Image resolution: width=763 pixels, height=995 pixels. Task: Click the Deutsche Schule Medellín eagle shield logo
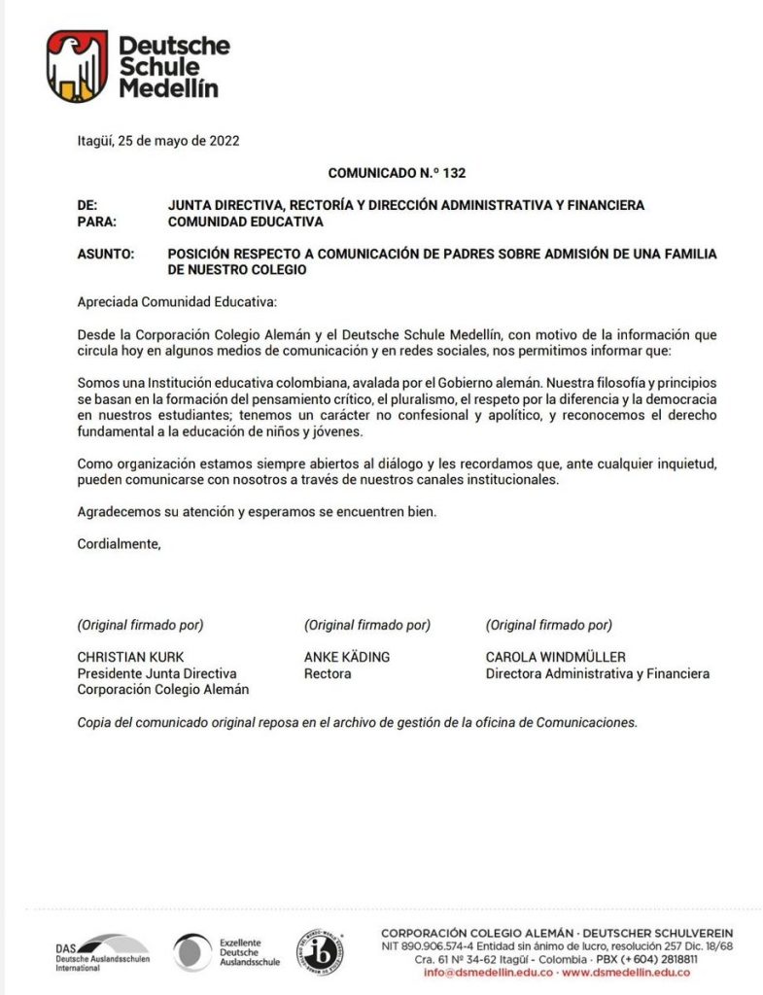(x=77, y=66)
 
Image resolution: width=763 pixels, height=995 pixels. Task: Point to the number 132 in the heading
(x=453, y=173)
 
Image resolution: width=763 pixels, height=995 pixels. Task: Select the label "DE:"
(x=87, y=205)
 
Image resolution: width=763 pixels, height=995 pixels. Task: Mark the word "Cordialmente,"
(x=119, y=544)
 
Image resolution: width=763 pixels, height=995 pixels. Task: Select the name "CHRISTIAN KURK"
(x=130, y=657)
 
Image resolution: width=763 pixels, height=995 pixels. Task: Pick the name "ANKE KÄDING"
(x=347, y=657)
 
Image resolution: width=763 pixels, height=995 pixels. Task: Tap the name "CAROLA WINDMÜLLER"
(x=556, y=657)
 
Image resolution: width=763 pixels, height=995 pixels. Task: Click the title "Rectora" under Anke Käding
(x=329, y=673)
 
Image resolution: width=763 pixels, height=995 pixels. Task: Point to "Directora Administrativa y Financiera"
(x=598, y=673)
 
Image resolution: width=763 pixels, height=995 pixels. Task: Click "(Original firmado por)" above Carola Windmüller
(x=549, y=625)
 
